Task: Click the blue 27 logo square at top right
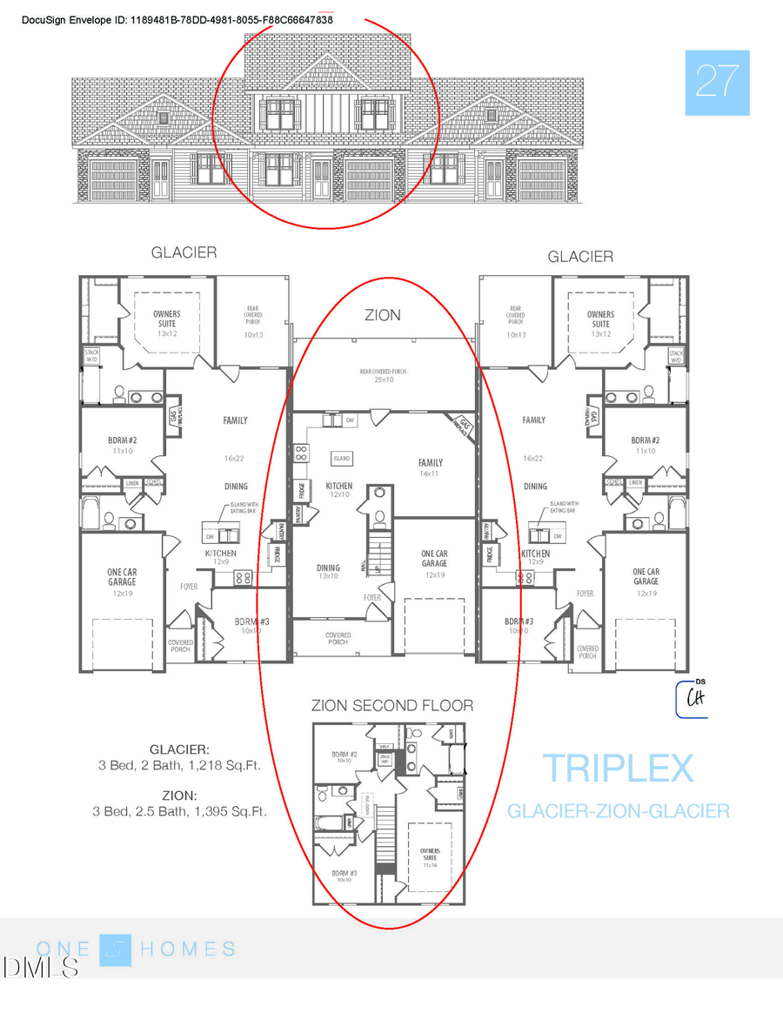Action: click(717, 83)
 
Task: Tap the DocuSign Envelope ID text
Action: click(177, 19)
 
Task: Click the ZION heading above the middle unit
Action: click(383, 315)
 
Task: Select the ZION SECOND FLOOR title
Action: click(392, 705)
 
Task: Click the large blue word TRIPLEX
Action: click(618, 769)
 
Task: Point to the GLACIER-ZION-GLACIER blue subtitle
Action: click(618, 811)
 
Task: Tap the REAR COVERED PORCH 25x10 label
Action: click(383, 376)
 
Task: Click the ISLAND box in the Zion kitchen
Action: click(341, 458)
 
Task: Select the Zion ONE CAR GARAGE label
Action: click(434, 559)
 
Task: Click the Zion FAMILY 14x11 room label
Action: click(430, 468)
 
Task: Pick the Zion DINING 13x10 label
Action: click(328, 573)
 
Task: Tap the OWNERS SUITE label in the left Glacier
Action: click(167, 319)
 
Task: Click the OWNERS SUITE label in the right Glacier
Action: click(600, 319)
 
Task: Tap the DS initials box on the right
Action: click(694, 698)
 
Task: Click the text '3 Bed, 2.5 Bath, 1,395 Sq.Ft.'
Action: click(179, 811)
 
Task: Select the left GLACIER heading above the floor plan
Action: click(184, 253)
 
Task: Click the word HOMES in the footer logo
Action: click(188, 949)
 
